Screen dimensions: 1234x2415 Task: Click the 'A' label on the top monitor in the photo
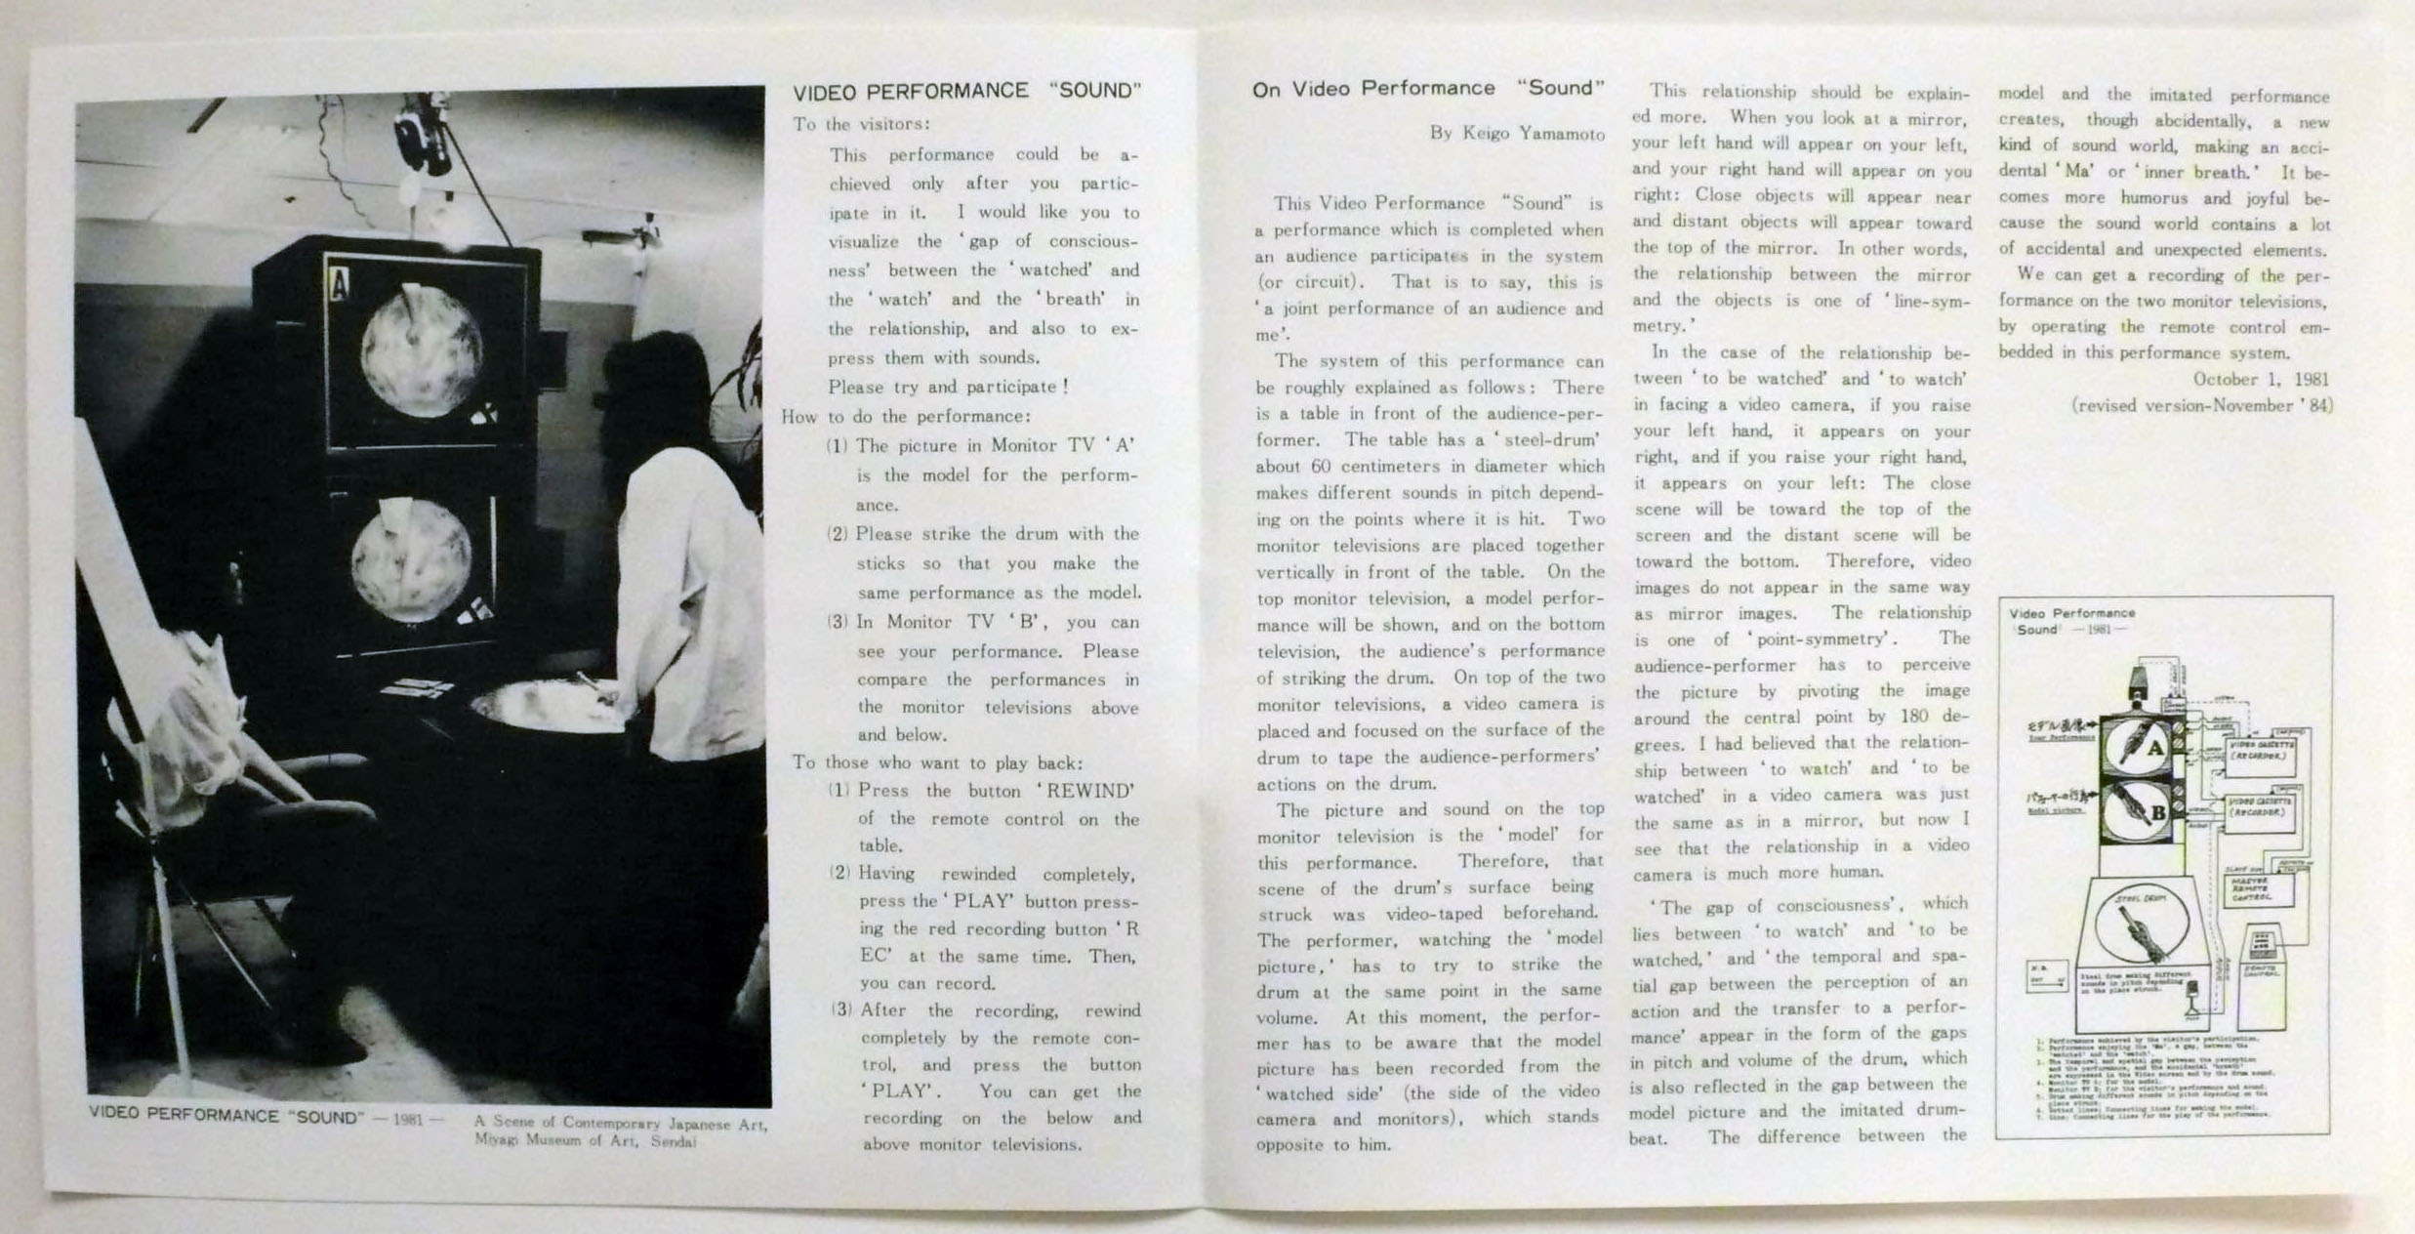pyautogui.click(x=339, y=285)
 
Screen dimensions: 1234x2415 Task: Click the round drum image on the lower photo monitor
pyautogui.click(x=412, y=559)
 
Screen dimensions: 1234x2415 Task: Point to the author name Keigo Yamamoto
pyautogui.click(x=1517, y=133)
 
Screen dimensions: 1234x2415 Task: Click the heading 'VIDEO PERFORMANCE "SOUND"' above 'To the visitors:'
pyautogui.click(x=966, y=92)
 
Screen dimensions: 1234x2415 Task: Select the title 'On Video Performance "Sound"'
pyautogui.click(x=1427, y=89)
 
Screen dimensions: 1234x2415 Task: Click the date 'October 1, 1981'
pyautogui.click(x=2260, y=379)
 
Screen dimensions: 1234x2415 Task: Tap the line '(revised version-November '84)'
pyautogui.click(x=2201, y=405)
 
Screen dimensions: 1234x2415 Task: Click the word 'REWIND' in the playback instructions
pyautogui.click(x=1090, y=791)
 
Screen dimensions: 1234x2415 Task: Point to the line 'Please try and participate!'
pyautogui.click(x=948, y=387)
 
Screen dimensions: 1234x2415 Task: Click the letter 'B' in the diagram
pyautogui.click(x=2158, y=812)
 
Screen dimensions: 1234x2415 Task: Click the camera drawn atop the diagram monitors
pyautogui.click(x=2137, y=681)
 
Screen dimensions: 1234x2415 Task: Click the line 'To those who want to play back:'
pyautogui.click(x=937, y=762)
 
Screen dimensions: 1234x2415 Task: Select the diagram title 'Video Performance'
pyautogui.click(x=2071, y=613)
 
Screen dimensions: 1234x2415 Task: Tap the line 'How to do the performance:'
pyautogui.click(x=905, y=417)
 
